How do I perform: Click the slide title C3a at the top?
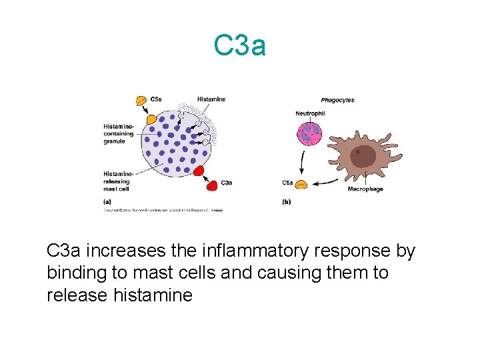click(240, 46)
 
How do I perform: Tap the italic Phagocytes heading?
click(337, 101)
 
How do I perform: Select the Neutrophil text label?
click(310, 113)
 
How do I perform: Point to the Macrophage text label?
click(365, 189)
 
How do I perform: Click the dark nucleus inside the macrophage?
click(363, 157)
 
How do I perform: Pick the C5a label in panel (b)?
click(288, 182)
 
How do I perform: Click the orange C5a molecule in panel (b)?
click(301, 185)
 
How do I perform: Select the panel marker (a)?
click(107, 201)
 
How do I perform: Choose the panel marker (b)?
click(287, 201)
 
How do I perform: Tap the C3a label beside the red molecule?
click(227, 183)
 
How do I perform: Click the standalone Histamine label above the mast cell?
click(211, 99)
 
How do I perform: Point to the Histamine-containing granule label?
click(119, 133)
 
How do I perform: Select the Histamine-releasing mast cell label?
click(117, 181)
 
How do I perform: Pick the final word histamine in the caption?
click(154, 294)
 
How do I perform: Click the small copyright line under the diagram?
click(163, 209)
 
